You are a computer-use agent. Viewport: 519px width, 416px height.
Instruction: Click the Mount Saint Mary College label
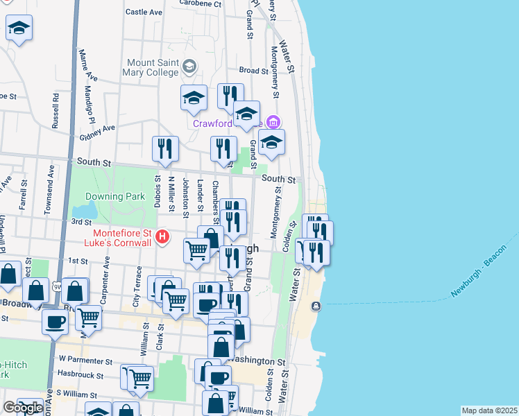[151, 66]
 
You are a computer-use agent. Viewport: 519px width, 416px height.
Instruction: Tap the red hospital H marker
[162, 237]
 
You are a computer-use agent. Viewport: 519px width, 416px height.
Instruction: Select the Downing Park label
[115, 196]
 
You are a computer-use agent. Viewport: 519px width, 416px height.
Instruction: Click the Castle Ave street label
[144, 12]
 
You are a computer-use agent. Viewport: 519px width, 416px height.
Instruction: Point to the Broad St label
[253, 71]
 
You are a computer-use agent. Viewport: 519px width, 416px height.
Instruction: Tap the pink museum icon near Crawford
[274, 123]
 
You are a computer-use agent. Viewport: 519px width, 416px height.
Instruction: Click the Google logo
[22, 408]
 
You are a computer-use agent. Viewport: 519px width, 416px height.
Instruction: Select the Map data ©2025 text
[489, 410]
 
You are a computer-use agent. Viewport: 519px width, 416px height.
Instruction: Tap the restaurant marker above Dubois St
[165, 148]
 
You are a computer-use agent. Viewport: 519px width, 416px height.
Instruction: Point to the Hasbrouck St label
[80, 376]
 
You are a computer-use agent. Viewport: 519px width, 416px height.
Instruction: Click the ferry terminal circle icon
[316, 306]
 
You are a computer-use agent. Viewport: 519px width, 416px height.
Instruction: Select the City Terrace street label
[138, 284]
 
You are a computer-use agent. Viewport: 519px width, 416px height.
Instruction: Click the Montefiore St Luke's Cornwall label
[118, 239]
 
